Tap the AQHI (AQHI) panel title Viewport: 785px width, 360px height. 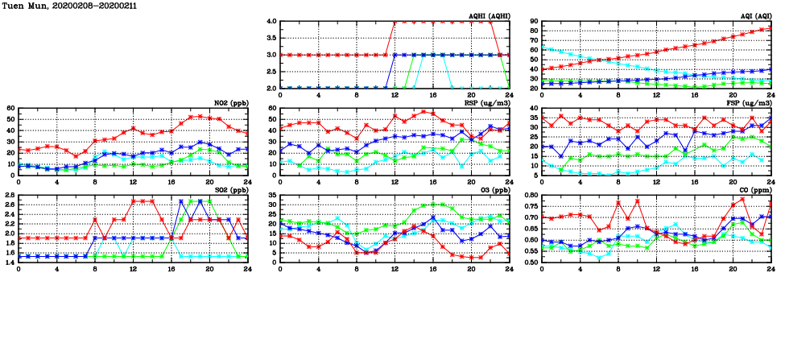pos(489,16)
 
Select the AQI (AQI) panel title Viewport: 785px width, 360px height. pos(755,16)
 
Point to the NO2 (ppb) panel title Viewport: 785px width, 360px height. pos(229,103)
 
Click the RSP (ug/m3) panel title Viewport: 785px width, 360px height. pos(487,103)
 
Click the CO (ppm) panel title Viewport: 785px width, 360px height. pos(754,190)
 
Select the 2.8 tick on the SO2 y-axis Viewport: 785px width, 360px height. pos(8,196)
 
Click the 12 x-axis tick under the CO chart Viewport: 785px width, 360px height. pos(656,269)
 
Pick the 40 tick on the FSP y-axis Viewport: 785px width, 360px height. pos(534,109)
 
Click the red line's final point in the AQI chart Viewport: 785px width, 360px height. pos(771,29)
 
